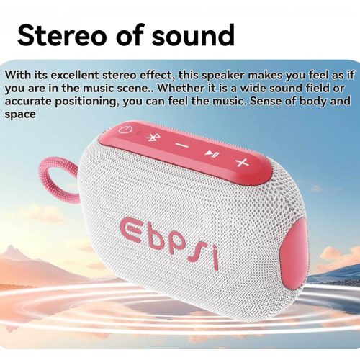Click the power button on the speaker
tap(127, 130)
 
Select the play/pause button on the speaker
tap(209, 153)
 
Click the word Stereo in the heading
tap(63, 35)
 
